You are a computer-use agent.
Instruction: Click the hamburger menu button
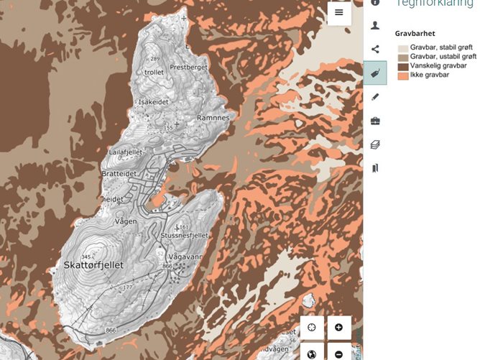[x=339, y=13]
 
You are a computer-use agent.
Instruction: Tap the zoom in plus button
[x=338, y=328]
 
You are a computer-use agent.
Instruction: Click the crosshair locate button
[x=312, y=328]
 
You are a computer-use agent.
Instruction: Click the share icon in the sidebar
[x=375, y=50]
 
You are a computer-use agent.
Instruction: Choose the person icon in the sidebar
[x=375, y=25]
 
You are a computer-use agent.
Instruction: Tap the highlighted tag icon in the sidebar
[x=374, y=73]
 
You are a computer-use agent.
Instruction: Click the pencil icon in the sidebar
[x=375, y=97]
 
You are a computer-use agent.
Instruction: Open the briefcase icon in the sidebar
[x=375, y=121]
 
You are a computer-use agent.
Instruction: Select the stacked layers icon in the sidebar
[x=375, y=144]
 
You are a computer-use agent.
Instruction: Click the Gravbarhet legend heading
[x=415, y=33]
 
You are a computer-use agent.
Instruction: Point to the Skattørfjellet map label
[x=94, y=265]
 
